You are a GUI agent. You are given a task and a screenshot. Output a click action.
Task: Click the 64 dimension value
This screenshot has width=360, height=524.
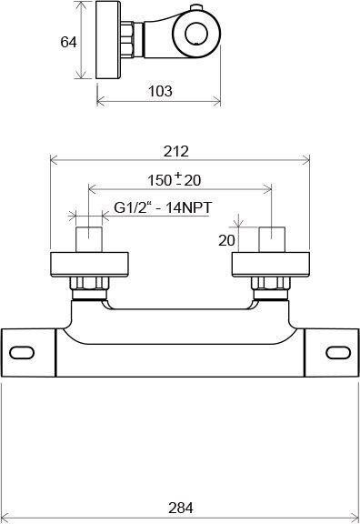click(x=68, y=42)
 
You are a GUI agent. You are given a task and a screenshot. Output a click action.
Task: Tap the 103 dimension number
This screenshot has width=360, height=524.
click(x=160, y=91)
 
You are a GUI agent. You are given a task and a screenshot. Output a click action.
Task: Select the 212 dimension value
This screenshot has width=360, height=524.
click(x=176, y=151)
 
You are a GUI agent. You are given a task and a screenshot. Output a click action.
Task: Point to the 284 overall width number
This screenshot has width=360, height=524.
click(x=181, y=508)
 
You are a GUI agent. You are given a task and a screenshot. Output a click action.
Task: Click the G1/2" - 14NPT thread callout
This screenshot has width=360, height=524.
click(x=163, y=207)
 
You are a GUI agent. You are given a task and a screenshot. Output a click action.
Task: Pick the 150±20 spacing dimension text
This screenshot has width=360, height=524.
click(x=174, y=180)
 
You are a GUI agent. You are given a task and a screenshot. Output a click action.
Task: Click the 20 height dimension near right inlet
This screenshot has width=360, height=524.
click(x=226, y=240)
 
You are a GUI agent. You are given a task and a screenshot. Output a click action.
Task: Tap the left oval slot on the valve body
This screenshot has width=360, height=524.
click(x=22, y=353)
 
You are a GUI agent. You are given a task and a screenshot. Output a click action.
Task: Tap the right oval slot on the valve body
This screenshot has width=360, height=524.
click(x=338, y=353)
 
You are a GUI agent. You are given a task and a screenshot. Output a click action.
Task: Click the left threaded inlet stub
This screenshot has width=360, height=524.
click(x=89, y=239)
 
